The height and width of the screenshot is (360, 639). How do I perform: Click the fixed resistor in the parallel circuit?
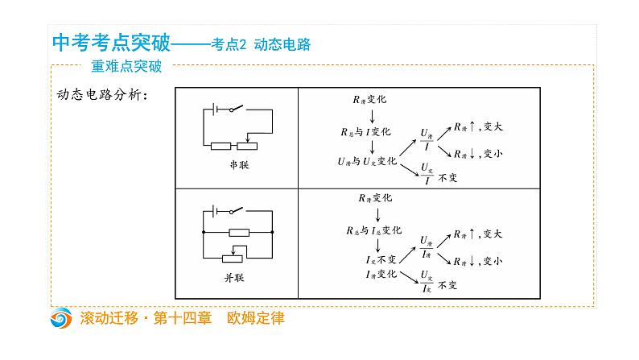(x=239, y=232)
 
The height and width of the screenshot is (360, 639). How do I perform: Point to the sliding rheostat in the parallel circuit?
(x=234, y=257)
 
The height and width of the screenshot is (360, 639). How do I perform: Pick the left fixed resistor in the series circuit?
(x=221, y=147)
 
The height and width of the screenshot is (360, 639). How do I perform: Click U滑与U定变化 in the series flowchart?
(x=367, y=161)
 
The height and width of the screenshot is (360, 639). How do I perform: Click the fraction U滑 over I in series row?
(x=426, y=140)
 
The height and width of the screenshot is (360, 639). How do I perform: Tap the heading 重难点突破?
(x=126, y=68)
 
